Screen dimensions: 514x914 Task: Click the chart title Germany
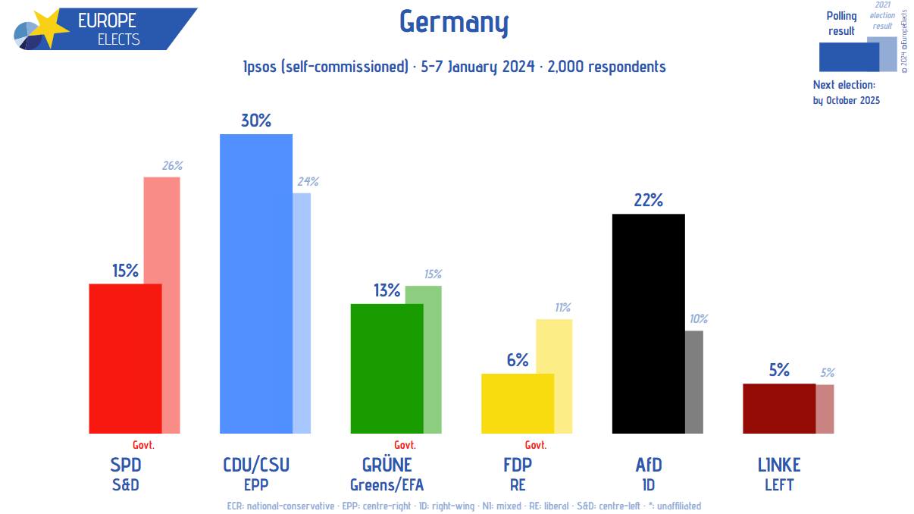[453, 23]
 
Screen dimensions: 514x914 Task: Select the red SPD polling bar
[125, 358]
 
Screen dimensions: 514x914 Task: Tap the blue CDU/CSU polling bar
[255, 284]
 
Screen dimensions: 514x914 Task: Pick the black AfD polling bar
[648, 323]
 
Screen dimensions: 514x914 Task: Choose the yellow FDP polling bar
[518, 403]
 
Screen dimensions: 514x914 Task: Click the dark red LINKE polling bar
[778, 408]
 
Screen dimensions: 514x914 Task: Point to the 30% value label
[256, 121]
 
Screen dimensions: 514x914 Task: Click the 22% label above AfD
[649, 200]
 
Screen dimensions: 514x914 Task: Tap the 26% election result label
[172, 165]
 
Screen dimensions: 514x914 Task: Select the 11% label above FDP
[562, 308]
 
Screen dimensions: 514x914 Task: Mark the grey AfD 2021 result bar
[694, 381]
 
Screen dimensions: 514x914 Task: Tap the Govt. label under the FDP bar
[536, 445]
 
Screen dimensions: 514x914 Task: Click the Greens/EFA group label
[387, 484]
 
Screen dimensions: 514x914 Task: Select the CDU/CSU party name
[256, 464]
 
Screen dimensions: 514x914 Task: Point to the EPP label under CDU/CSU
[256, 484]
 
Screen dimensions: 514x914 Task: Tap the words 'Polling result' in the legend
[841, 24]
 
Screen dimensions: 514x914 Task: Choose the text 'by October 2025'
[847, 100]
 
